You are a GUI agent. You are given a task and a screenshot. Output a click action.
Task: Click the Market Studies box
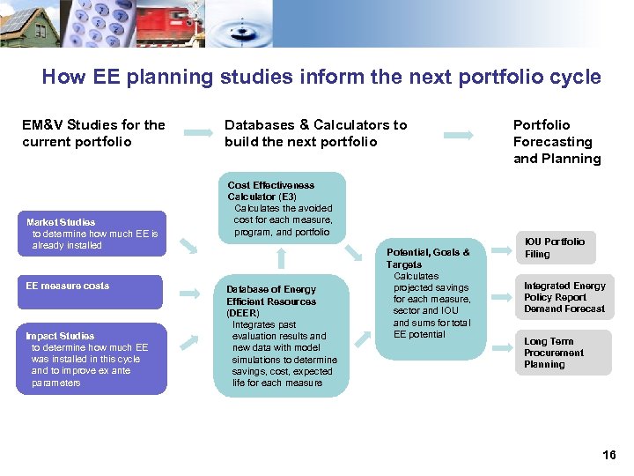tap(91, 234)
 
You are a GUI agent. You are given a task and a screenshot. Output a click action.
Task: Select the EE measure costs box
tap(91, 292)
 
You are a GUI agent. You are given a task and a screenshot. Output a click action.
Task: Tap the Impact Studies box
tap(91, 360)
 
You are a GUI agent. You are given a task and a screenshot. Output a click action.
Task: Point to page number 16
tap(608, 455)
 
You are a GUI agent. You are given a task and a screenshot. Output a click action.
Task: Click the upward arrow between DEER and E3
tap(281, 257)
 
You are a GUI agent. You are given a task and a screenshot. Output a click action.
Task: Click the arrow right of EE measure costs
tap(188, 291)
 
